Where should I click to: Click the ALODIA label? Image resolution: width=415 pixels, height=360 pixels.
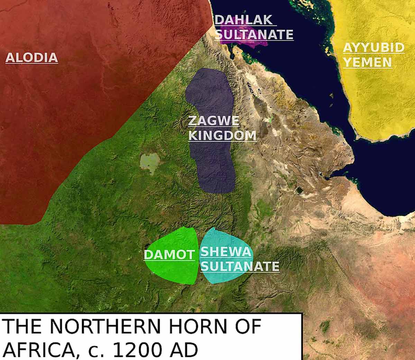click(x=31, y=57)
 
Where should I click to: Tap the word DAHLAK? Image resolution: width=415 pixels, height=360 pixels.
click(x=243, y=20)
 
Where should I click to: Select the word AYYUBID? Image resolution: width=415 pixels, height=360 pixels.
click(x=373, y=48)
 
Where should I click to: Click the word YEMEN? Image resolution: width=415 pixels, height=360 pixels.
click(x=367, y=63)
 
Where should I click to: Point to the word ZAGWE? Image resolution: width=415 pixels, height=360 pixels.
click(x=214, y=121)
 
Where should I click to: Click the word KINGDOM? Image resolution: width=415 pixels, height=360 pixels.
click(x=222, y=135)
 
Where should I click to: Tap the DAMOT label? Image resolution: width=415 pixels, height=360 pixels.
click(x=169, y=255)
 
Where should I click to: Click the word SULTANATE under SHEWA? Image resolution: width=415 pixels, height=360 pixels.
click(x=240, y=266)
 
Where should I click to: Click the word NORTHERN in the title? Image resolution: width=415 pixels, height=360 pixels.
click(x=99, y=326)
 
